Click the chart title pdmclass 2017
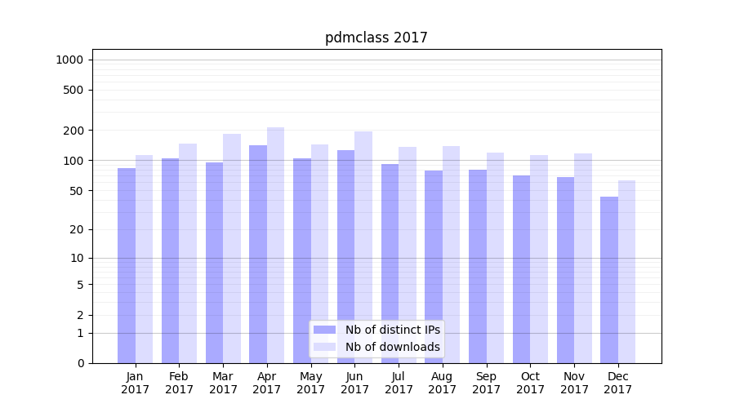click(x=376, y=38)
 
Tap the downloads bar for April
click(x=275, y=245)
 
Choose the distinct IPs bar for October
click(x=521, y=269)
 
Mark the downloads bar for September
click(x=495, y=258)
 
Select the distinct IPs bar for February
click(x=170, y=260)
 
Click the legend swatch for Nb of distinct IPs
click(x=324, y=330)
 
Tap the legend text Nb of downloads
click(x=392, y=347)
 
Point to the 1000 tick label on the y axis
click(x=69, y=60)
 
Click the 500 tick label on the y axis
click(x=74, y=90)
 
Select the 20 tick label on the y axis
click(x=77, y=229)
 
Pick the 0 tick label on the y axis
click(x=80, y=363)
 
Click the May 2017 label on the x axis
click(x=310, y=383)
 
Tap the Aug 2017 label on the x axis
click(x=443, y=383)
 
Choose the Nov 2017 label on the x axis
click(x=574, y=383)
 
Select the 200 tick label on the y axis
click(x=74, y=131)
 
